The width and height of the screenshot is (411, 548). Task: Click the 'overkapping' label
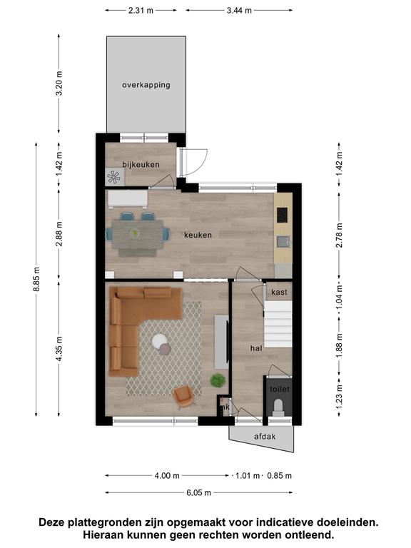click(x=146, y=85)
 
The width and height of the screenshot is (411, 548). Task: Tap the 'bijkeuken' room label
click(x=141, y=165)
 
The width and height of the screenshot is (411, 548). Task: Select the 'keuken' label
click(x=198, y=235)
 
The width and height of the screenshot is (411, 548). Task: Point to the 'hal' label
click(x=256, y=348)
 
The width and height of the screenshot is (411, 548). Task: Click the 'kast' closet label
click(x=279, y=292)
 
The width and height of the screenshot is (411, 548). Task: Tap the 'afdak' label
click(x=265, y=437)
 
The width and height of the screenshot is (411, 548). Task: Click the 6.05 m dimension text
click(x=198, y=493)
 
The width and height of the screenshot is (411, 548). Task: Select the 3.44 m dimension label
click(x=239, y=11)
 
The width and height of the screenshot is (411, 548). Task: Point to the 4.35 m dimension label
click(x=59, y=348)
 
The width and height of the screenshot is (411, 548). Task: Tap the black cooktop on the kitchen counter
click(x=282, y=215)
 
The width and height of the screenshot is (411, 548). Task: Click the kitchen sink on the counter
click(x=283, y=241)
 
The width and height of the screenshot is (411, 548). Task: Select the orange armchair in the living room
click(x=184, y=396)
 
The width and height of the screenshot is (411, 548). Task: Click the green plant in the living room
click(x=218, y=380)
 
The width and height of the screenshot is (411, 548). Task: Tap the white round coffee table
click(x=160, y=341)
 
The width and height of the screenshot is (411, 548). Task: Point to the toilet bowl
click(x=278, y=407)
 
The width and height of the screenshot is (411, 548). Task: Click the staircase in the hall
click(x=278, y=325)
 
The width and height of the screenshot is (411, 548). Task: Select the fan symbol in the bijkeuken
click(x=113, y=178)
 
